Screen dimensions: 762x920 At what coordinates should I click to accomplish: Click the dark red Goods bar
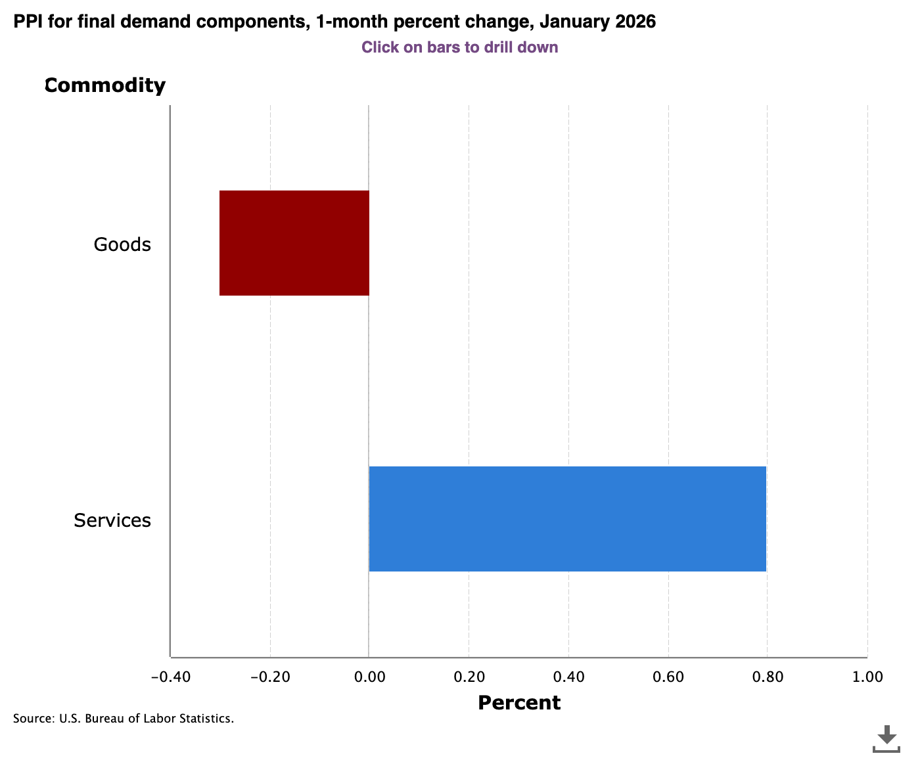(294, 243)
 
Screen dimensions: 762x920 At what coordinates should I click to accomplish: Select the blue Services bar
(567, 519)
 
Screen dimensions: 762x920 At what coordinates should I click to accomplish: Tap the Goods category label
(122, 244)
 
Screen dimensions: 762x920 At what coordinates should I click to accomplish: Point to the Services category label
(112, 520)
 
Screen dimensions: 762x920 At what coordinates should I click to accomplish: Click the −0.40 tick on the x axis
(170, 677)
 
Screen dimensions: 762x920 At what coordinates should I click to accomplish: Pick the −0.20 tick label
(269, 677)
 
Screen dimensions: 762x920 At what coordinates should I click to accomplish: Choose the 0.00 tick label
(369, 677)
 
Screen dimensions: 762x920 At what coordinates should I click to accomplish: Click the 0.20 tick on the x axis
(469, 677)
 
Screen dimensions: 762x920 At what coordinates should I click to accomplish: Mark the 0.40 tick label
(568, 677)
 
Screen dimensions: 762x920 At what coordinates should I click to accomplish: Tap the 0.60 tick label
(668, 677)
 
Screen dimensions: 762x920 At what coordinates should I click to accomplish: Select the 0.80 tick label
(768, 677)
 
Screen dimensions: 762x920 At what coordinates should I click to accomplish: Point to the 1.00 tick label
(867, 677)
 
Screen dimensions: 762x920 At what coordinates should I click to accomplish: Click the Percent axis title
(519, 703)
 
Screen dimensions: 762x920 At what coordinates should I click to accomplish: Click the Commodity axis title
(105, 85)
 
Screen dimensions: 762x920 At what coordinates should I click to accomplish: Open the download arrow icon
(886, 738)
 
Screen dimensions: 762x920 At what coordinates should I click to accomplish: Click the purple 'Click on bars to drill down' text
(459, 47)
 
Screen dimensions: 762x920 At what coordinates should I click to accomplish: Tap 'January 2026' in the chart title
(597, 22)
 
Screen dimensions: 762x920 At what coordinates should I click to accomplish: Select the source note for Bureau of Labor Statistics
(124, 719)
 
